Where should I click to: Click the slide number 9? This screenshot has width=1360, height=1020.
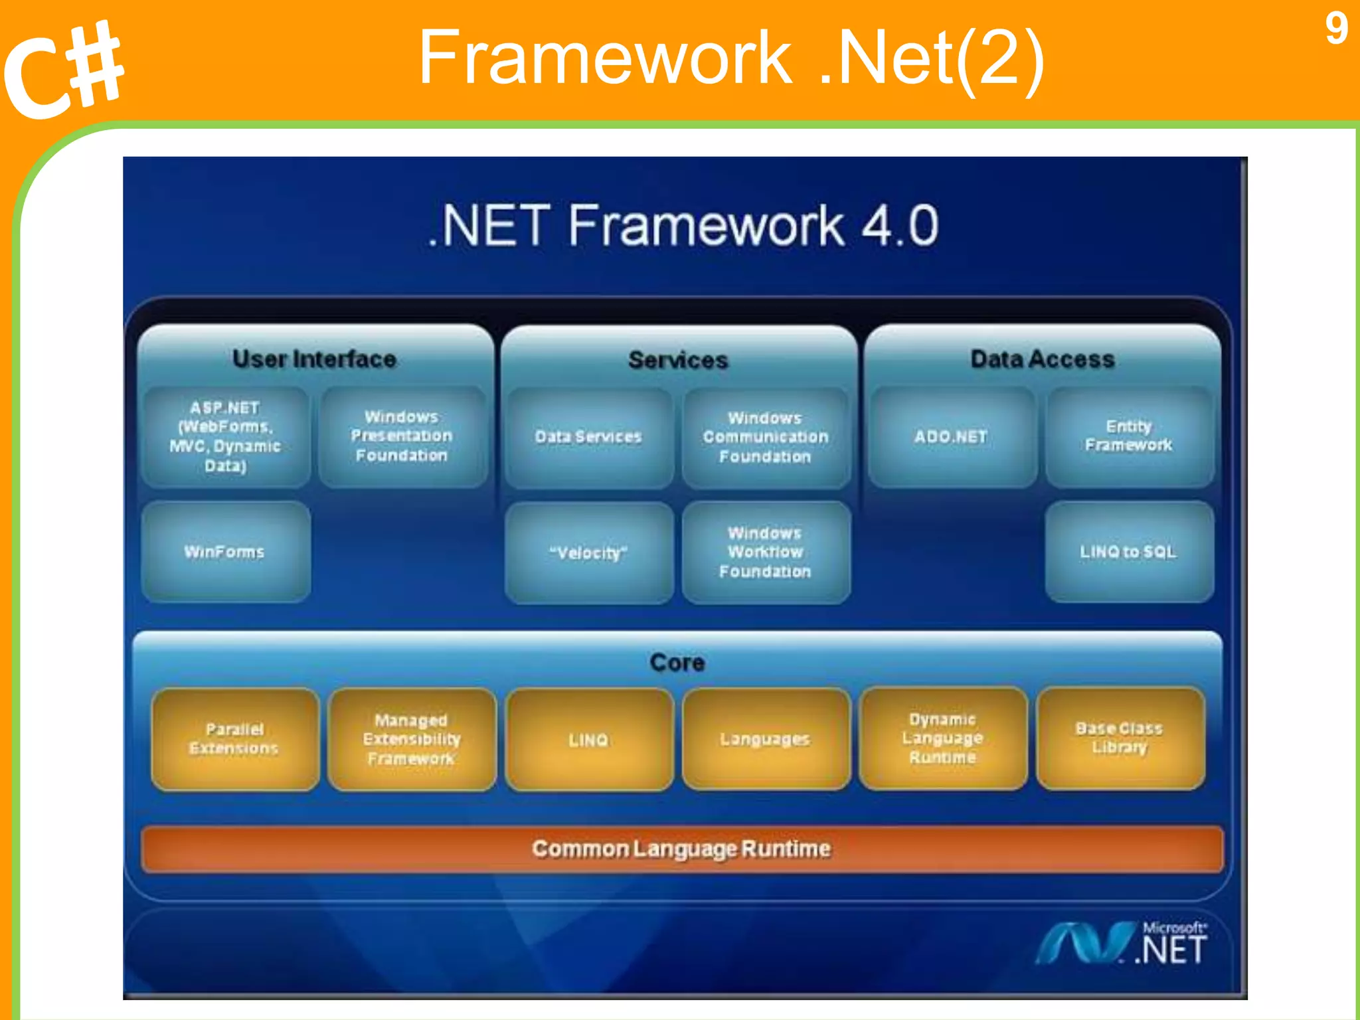click(x=1336, y=29)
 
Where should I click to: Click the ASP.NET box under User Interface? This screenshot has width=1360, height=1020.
click(x=226, y=437)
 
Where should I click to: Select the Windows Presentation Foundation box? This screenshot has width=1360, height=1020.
click(x=402, y=437)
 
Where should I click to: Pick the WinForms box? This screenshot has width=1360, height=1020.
click(x=226, y=552)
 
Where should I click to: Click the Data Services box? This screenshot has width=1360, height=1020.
click(x=588, y=437)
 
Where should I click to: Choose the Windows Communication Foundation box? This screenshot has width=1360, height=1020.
click(x=766, y=437)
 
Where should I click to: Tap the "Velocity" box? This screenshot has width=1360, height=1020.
click(x=588, y=552)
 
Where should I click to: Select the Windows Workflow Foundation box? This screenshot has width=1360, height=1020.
click(x=766, y=552)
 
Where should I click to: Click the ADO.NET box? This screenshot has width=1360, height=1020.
click(x=951, y=437)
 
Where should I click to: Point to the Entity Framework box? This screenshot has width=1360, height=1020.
click(x=1129, y=436)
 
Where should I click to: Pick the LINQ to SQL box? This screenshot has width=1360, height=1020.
click(x=1129, y=552)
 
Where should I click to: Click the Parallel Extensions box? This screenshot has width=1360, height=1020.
click(x=234, y=739)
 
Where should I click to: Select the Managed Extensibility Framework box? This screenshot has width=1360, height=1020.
click(x=412, y=739)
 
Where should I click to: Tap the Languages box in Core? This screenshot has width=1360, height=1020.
click(x=766, y=739)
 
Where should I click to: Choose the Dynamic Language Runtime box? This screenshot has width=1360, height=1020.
click(x=943, y=738)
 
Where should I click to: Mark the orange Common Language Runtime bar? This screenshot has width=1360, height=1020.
click(x=682, y=849)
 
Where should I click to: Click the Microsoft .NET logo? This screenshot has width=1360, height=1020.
click(x=1122, y=943)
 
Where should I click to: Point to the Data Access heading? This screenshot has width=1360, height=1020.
click(x=1043, y=359)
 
